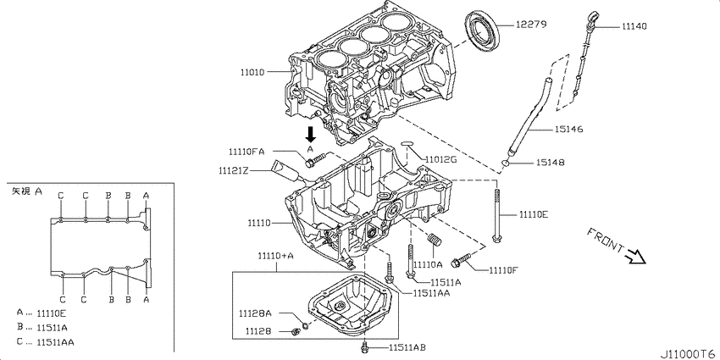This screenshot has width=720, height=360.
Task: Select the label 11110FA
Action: point(246,151)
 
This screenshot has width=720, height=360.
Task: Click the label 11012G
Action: point(440,159)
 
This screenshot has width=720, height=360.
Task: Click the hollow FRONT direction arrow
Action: point(634,252)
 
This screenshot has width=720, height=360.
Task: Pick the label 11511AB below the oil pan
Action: point(407,347)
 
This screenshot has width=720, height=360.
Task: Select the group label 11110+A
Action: point(276,255)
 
